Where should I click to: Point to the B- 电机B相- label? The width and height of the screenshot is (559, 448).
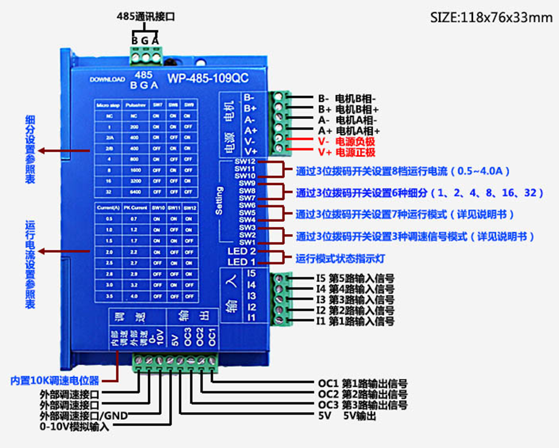pos(347,98)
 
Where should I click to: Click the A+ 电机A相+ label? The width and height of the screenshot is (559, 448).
pos(349,130)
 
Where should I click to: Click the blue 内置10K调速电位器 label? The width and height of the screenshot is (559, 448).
pos(55,381)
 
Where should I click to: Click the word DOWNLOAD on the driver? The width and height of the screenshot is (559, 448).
pos(107,79)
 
